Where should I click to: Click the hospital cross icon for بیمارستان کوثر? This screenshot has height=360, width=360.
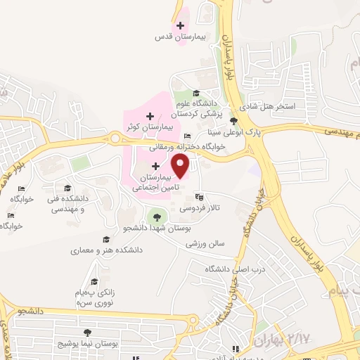point(150,115)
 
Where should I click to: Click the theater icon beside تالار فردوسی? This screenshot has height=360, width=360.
point(199,198)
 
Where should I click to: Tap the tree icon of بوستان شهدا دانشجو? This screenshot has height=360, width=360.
point(156,217)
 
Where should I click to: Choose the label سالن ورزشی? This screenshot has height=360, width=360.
point(205,243)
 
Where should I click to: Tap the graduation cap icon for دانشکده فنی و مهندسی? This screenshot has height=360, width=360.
point(67,188)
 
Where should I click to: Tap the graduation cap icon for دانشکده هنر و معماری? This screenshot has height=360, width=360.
point(106,239)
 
